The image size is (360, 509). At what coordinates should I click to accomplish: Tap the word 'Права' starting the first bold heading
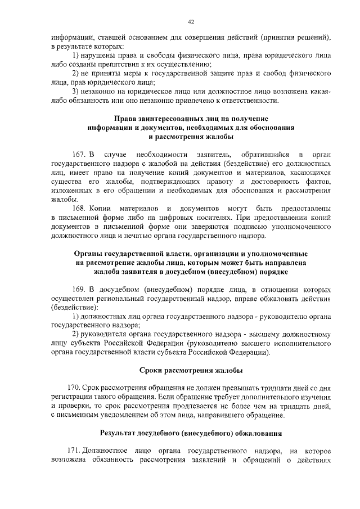125,119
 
